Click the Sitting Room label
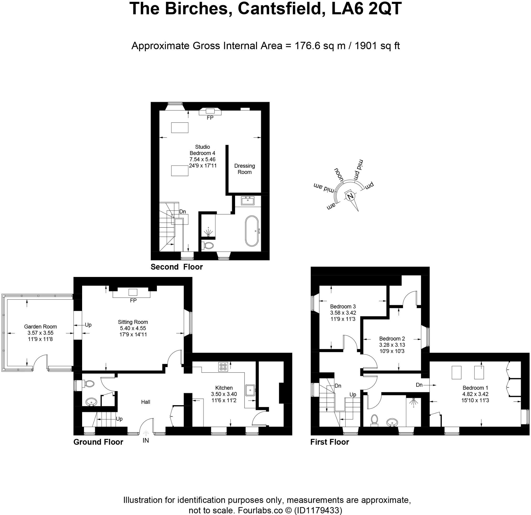click(133, 322)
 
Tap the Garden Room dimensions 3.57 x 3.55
click(40, 333)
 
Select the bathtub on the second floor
click(252, 231)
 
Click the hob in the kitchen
click(223, 367)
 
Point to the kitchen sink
click(250, 390)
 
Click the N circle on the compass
click(350, 196)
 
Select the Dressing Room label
click(244, 169)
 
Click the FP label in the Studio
click(210, 118)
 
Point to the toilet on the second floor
click(208, 246)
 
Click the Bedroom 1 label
click(475, 388)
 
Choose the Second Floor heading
click(176, 267)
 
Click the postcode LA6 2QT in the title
click(366, 9)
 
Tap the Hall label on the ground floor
click(146, 402)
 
